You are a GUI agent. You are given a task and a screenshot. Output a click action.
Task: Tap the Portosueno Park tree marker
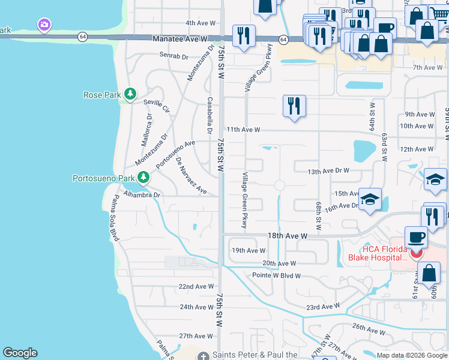tap(143, 177)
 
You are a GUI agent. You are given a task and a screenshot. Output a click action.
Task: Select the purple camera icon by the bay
tap(43, 25)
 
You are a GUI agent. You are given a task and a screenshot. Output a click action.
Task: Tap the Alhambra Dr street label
tap(142, 195)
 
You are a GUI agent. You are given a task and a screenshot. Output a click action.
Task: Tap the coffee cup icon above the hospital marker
tap(415, 237)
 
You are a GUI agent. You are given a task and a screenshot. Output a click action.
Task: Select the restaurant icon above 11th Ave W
tap(294, 107)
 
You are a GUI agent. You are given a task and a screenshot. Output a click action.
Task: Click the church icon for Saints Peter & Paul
tap(203, 355)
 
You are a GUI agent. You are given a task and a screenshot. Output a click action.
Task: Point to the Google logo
tap(20, 353)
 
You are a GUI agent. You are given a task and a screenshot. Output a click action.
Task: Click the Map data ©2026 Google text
tap(411, 355)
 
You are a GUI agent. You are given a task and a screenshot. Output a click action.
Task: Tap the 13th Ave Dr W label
tap(328, 170)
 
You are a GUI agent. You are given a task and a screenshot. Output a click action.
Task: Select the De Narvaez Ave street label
tap(191, 176)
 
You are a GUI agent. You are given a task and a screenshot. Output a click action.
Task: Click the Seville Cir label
tap(156, 106)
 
